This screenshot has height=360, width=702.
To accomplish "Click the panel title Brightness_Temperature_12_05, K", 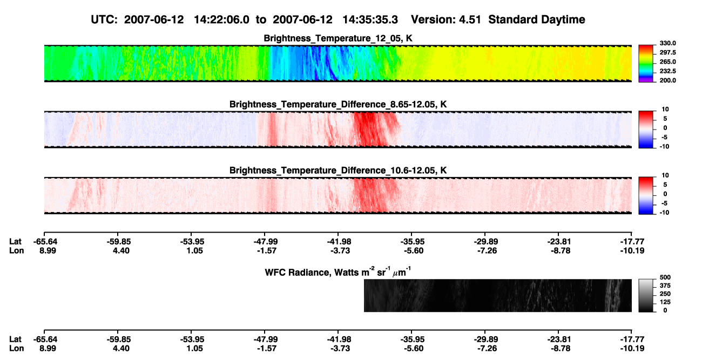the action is tap(338, 38).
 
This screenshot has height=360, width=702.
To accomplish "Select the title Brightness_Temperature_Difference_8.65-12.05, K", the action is tap(338, 104).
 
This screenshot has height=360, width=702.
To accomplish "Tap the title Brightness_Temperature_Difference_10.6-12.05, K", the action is tap(338, 171).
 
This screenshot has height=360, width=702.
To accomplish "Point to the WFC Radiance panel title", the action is tap(338, 271).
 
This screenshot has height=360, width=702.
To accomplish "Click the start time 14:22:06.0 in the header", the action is tap(221, 19).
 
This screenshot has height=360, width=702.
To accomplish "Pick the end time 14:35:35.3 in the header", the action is tap(370, 19).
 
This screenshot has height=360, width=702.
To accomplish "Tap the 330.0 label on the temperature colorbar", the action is tap(667, 43).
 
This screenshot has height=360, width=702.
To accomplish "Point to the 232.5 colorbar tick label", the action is tap(667, 71).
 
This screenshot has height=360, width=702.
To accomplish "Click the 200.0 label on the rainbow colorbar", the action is tap(667, 80).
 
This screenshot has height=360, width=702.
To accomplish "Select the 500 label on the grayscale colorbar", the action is tap(665, 277).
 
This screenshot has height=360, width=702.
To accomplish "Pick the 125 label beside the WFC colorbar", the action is tap(665, 302).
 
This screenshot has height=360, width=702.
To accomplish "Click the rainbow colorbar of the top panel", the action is tap(646, 64).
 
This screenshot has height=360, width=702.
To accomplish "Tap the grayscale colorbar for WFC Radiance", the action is tap(646, 295).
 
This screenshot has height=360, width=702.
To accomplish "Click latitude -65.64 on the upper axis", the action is tap(45, 242).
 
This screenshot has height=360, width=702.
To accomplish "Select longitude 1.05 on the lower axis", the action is tap(194, 349).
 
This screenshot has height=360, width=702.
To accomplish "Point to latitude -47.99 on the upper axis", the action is tap(266, 242).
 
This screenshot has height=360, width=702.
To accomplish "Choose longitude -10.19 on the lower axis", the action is tap(632, 349).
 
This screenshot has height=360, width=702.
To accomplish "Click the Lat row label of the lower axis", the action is tap(15, 339).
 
